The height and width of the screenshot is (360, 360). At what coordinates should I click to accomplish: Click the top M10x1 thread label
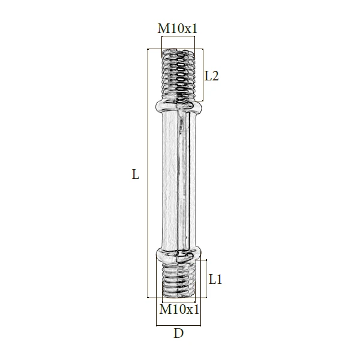tap(178, 29)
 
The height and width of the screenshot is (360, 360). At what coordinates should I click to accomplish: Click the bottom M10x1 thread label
tap(179, 310)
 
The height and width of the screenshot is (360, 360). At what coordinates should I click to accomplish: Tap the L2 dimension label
tap(211, 76)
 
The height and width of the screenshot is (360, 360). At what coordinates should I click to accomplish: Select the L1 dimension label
tap(215, 280)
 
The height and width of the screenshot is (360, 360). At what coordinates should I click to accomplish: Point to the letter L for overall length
tap(136, 174)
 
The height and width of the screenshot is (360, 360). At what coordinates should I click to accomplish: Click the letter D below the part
tap(179, 333)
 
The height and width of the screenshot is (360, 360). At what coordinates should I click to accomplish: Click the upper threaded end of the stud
tap(178, 75)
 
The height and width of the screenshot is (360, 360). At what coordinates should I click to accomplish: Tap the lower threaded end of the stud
tap(178, 280)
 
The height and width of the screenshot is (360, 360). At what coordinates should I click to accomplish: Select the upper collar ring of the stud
tap(179, 106)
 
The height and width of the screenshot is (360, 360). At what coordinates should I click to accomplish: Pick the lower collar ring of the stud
tap(179, 254)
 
